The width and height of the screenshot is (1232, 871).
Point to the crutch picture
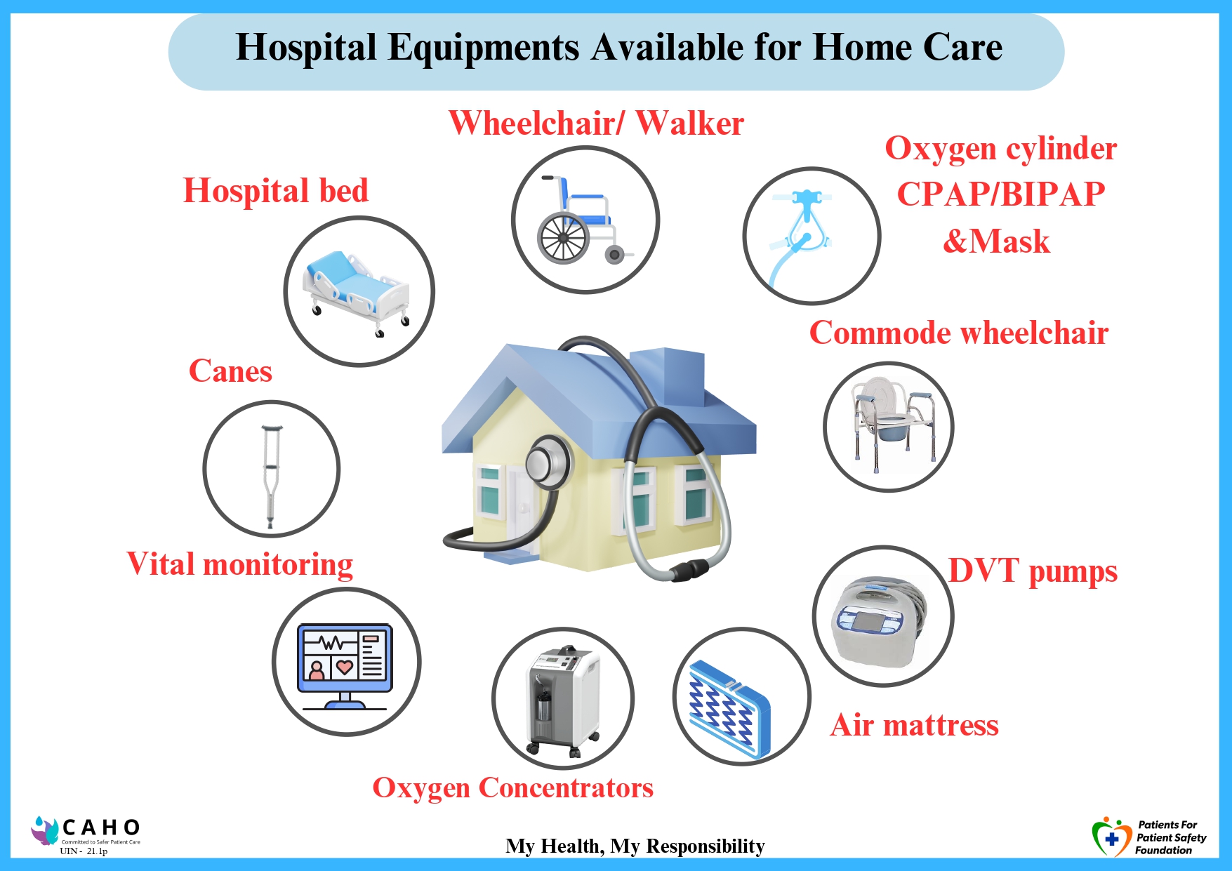pyautogui.click(x=271, y=476)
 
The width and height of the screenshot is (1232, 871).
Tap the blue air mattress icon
pyautogui.click(x=730, y=709)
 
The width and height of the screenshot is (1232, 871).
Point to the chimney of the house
pyautogui.click(x=667, y=375)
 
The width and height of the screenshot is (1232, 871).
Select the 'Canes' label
pyautogui.click(x=230, y=371)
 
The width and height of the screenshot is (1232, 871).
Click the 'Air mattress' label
pyautogui.click(x=914, y=725)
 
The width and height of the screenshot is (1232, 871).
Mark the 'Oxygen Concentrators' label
pyautogui.click(x=512, y=788)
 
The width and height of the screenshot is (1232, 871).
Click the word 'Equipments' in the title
pyautogui.click(x=484, y=48)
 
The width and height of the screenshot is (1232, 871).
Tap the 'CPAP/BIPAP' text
pyautogui.click(x=1001, y=194)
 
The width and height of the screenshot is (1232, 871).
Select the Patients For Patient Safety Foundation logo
pyautogui.click(x=1148, y=837)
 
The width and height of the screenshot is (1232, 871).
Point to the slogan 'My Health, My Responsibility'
pyautogui.click(x=635, y=846)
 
